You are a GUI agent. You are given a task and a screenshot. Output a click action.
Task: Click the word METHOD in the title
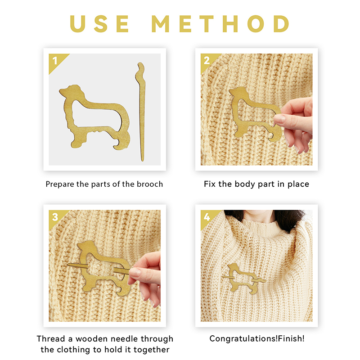(220, 24)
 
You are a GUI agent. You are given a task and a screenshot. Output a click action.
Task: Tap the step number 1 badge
(55, 61)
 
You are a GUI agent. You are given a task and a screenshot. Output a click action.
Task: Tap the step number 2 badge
(207, 60)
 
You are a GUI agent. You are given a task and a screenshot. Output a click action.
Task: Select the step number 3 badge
(55, 217)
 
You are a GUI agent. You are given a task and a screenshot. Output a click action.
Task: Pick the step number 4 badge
(207, 217)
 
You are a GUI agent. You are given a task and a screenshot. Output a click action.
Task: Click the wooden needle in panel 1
(140, 112)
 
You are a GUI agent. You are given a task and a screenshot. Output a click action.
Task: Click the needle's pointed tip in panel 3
(68, 265)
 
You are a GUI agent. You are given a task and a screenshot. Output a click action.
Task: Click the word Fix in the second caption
(210, 184)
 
